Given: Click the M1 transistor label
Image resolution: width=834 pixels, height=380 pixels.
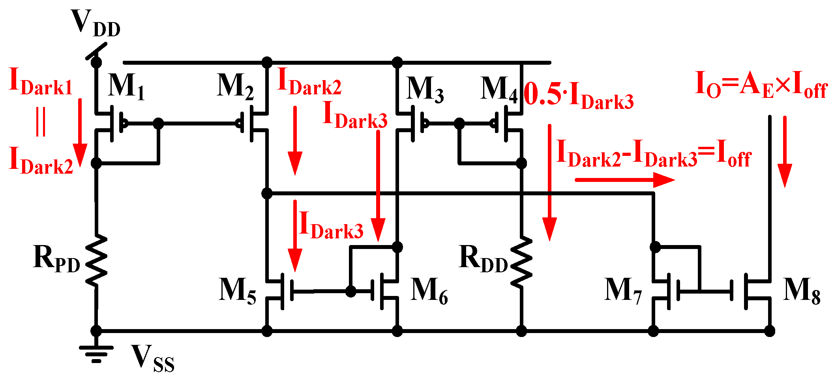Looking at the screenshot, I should (126, 87).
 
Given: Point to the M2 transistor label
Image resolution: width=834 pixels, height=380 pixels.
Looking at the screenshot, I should (235, 87).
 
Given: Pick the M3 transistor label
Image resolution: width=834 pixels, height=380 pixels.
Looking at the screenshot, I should (425, 90).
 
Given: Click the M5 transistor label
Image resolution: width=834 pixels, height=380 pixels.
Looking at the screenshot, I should (237, 291).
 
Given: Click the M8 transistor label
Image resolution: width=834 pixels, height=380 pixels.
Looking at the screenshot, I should (802, 291).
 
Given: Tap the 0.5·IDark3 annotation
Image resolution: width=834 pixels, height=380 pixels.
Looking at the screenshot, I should (579, 97).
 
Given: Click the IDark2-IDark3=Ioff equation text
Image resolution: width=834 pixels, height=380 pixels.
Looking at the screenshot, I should (653, 154).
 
